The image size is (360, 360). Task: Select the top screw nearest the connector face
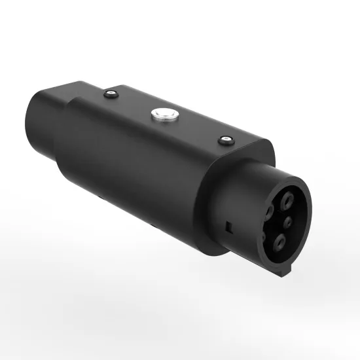tap(226, 139)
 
